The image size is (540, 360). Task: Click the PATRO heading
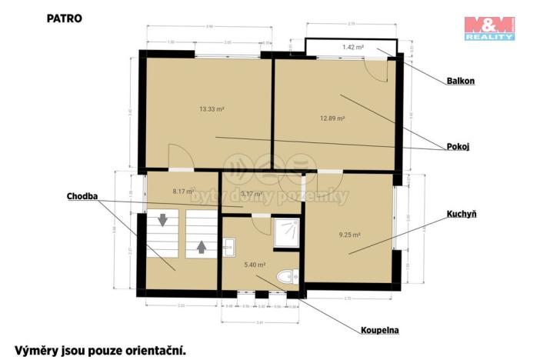(x=64, y=16)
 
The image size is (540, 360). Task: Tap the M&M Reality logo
(x=488, y=28)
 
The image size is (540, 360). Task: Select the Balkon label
(x=459, y=79)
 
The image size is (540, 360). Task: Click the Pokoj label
(x=458, y=146)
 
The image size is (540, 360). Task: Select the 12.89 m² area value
(x=332, y=118)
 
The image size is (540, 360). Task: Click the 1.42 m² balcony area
(x=353, y=48)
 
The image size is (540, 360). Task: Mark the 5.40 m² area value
(x=255, y=265)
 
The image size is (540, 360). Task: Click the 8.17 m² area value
(x=183, y=191)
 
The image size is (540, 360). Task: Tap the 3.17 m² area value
(x=252, y=194)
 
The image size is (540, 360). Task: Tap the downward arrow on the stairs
(x=162, y=221)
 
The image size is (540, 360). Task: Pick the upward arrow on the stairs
(x=201, y=247)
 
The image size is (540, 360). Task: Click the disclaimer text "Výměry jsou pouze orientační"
(x=100, y=350)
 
